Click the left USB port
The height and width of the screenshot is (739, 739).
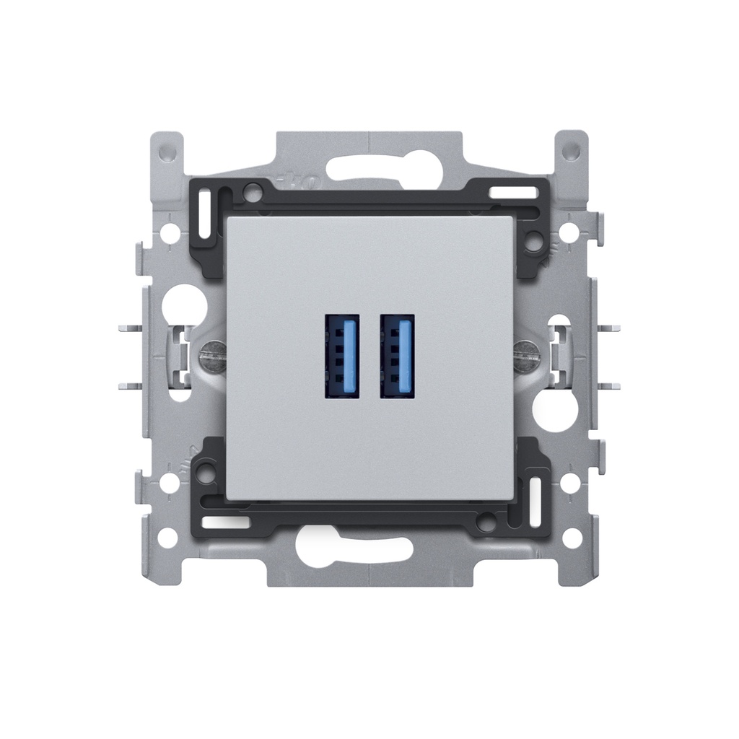[342, 357]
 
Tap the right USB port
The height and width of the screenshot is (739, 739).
[398, 357]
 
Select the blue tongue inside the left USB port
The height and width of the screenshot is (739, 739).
[350, 357]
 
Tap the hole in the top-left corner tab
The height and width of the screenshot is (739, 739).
[167, 152]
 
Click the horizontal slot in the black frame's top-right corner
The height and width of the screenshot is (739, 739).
[513, 193]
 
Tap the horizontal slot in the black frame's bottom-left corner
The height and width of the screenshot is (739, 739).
[224, 521]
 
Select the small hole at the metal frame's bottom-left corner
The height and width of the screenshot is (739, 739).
[167, 538]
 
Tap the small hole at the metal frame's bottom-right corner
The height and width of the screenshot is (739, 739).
[572, 538]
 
